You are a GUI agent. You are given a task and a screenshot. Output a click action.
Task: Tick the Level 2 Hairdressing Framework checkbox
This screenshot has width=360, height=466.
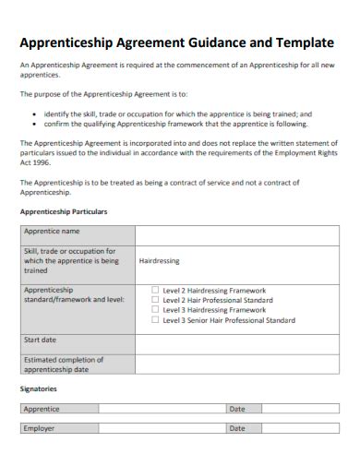155,290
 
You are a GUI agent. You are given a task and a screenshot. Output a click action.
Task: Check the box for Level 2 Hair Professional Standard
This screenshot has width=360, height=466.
155,300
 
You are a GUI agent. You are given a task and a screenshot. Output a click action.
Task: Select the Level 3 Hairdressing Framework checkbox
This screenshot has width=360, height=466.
155,310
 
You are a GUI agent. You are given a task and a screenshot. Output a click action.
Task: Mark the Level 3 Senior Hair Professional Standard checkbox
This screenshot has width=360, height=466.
155,320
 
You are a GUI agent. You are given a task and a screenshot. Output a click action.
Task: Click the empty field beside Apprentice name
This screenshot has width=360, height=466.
236,235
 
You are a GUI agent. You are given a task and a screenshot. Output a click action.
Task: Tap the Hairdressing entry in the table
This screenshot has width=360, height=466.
159,261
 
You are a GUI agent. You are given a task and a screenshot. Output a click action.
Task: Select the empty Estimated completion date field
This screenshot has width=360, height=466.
236,364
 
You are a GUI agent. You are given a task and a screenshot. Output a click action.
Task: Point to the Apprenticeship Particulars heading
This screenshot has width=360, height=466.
64,211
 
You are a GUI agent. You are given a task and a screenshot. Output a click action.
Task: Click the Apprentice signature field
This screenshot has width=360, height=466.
162,408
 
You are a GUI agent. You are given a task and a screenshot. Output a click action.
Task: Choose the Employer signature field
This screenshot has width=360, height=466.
162,428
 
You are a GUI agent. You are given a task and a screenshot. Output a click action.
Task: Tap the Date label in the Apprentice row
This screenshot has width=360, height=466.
237,408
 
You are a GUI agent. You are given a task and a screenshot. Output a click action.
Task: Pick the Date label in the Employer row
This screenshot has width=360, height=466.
237,428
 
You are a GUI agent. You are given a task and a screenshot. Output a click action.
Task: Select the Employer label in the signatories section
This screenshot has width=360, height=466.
39,428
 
